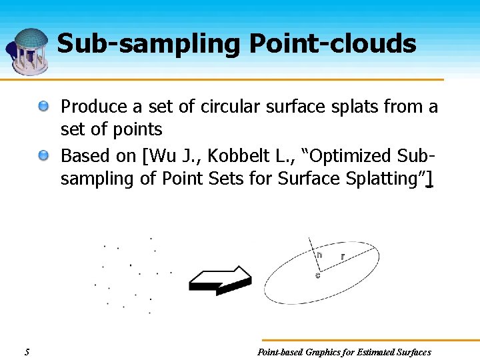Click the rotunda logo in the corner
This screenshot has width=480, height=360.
click(x=28, y=51)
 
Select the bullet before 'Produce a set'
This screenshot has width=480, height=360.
click(x=43, y=106)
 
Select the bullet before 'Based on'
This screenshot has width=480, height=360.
click(x=43, y=155)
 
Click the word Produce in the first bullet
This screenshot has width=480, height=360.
click(x=89, y=106)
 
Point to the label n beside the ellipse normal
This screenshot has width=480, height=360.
click(x=320, y=255)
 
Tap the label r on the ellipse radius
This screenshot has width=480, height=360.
click(x=343, y=256)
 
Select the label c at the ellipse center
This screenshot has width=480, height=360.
click(x=317, y=275)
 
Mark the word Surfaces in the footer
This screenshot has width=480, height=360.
click(x=413, y=352)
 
